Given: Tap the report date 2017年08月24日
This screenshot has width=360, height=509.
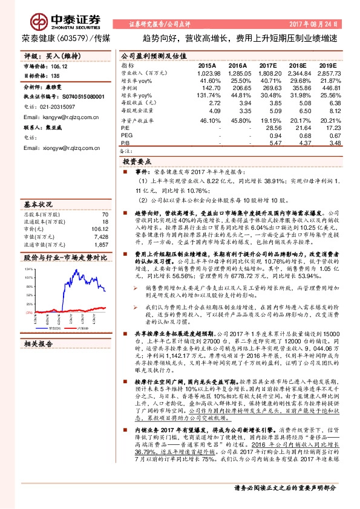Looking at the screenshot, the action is (x=320, y=24).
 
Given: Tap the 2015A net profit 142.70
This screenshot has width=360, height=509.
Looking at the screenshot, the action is (x=206, y=88).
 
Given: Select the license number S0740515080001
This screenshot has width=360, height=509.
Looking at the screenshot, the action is (x=79, y=96).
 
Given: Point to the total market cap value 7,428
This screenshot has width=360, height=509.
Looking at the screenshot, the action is (x=101, y=221).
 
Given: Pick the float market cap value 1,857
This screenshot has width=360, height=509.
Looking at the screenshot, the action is (x=101, y=229).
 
